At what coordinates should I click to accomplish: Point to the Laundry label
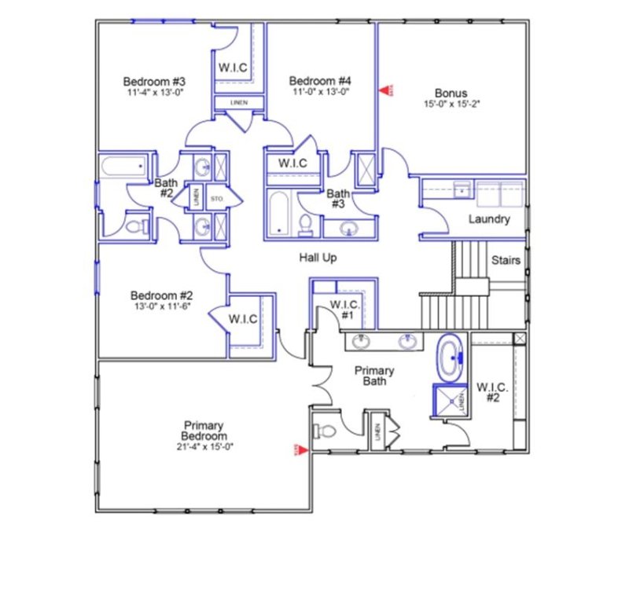pyautogui.click(x=489, y=219)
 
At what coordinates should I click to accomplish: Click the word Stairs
pyautogui.click(x=505, y=260)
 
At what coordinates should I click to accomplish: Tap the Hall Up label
pyautogui.click(x=318, y=258)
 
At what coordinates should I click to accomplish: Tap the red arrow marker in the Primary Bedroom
pyautogui.click(x=298, y=450)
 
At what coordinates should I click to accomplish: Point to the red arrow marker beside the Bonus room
pyautogui.click(x=386, y=91)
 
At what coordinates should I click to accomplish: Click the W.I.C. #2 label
pyautogui.click(x=492, y=393)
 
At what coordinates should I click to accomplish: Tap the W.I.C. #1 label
pyautogui.click(x=344, y=309)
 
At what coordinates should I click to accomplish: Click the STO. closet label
pyautogui.click(x=216, y=200)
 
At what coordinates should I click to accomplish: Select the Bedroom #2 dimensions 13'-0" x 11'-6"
pyautogui.click(x=162, y=306)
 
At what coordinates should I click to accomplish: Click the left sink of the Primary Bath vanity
pyautogui.click(x=362, y=342)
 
